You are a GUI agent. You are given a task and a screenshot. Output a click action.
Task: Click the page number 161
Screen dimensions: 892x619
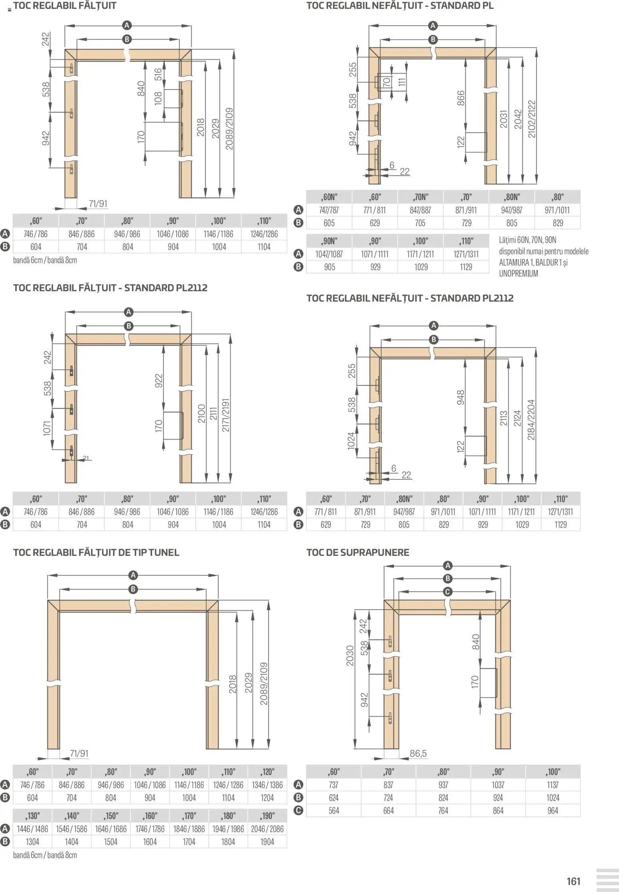tap(573, 881)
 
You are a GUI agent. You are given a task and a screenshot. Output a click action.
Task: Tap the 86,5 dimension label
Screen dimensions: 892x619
tap(418, 753)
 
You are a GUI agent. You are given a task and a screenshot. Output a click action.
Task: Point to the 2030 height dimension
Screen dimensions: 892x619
tap(350, 656)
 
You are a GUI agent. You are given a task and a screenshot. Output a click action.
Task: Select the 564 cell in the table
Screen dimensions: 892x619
tap(333, 811)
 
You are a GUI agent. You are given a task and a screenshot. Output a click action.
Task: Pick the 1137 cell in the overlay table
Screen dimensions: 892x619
tap(553, 785)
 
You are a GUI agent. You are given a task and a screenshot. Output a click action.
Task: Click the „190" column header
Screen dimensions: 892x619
tap(267, 816)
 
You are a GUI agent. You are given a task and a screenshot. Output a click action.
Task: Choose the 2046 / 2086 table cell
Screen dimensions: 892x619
tap(267, 829)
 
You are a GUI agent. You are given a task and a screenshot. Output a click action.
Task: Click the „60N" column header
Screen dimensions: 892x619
tap(329, 197)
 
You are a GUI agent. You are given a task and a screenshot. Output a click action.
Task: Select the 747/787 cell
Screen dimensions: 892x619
tap(329, 210)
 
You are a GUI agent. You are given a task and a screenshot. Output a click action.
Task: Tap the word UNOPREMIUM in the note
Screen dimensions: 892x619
tap(518, 274)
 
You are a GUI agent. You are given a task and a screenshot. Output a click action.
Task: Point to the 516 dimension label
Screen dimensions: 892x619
tap(158, 74)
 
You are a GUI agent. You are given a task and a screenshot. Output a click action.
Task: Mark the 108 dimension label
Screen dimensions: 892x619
tap(158, 98)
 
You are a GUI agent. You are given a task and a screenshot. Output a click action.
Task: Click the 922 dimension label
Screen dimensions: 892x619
tap(159, 380)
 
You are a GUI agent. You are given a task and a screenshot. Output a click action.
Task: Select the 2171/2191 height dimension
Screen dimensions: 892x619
tap(226, 415)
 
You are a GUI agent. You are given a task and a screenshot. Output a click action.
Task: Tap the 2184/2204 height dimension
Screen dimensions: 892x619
tap(531, 420)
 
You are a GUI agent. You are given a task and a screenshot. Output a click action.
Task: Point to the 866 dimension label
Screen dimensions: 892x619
tap(461, 98)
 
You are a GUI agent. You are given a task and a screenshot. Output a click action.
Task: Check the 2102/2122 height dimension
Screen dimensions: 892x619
tap(532, 119)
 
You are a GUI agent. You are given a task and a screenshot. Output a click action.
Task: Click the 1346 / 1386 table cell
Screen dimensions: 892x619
tap(267, 785)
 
